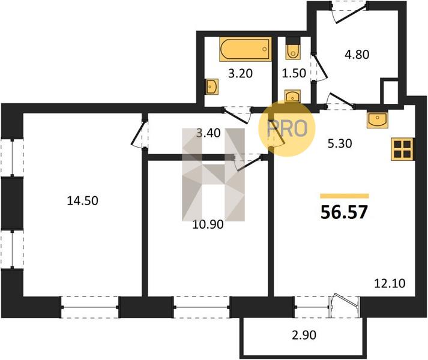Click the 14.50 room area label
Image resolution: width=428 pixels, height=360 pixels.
tap(82, 201)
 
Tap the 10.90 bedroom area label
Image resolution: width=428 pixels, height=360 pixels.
tap(208, 224)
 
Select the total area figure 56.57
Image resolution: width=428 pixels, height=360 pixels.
tap(344, 212)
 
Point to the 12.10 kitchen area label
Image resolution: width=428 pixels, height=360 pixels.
tap(390, 284)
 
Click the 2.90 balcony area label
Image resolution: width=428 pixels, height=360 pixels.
tap(304, 335)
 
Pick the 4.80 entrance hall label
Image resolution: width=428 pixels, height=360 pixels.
tap(357, 55)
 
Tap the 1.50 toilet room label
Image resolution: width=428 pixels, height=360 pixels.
tap(294, 73)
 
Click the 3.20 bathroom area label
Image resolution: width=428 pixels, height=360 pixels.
tap(240, 73)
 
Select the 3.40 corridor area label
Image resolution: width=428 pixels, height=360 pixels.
tap(208, 133)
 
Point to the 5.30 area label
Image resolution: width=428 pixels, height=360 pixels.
tap(340, 143)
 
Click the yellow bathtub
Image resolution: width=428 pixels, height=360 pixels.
tap(246, 49)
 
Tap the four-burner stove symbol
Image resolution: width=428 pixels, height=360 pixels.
tap(402, 149)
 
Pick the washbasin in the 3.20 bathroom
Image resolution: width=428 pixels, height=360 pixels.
tap(212, 87)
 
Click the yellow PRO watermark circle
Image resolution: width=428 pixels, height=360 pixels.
tap(287, 128)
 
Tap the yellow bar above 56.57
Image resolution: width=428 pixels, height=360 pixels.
tap(345, 196)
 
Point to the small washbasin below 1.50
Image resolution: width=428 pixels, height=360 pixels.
tap(292, 96)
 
